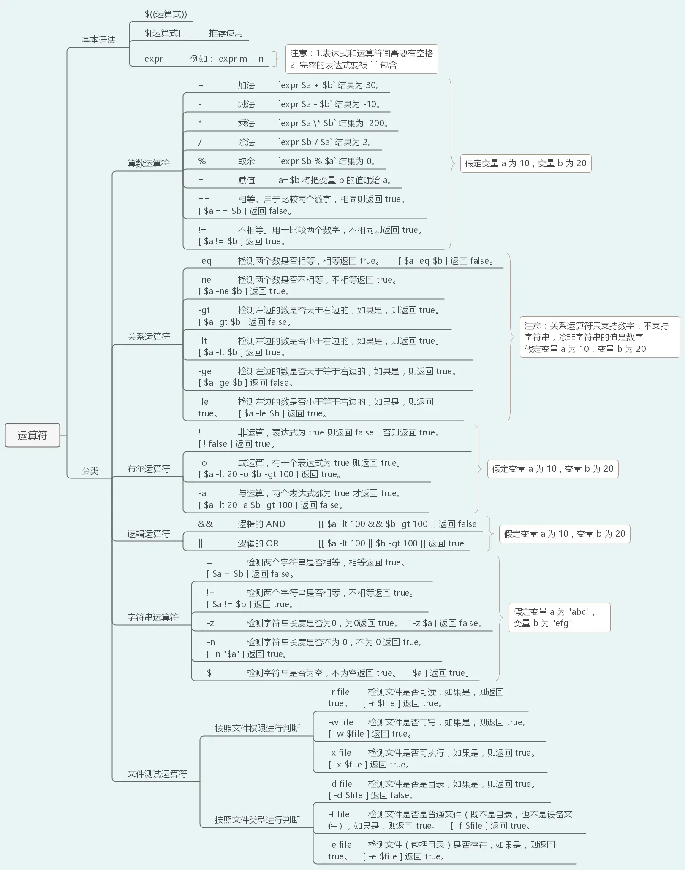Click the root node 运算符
coord(32,435)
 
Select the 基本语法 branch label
coord(98,40)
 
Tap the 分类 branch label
coord(90,471)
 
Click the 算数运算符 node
coord(149,163)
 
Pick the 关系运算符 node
coord(149,337)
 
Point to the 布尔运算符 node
coord(149,469)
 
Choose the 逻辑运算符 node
coord(149,534)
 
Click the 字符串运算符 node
coord(153,617)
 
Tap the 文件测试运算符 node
coord(157,774)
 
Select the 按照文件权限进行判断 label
coord(257,728)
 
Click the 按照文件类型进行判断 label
coord(257,820)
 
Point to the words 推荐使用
coord(226,33)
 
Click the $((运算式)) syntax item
coord(166,14)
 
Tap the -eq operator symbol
coord(205,261)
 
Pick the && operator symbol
coord(205,524)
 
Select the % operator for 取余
coord(202,161)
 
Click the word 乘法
coord(246,123)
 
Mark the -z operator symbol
coord(210,623)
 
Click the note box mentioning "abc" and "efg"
coord(559,617)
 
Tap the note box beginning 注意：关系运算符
coord(599,337)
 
